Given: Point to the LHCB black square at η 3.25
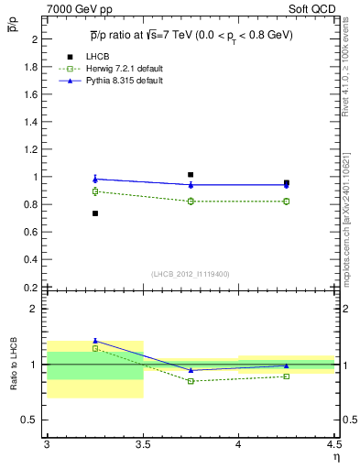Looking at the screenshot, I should [94, 213].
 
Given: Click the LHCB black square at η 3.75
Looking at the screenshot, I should [191, 174].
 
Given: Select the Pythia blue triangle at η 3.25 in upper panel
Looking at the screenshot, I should [94, 179].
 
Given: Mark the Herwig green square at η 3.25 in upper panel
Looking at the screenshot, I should [94, 191].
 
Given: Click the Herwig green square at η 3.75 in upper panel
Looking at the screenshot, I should [191, 201].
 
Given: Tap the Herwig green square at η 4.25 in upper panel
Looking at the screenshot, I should [287, 201].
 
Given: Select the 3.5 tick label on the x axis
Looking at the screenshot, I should [142, 444].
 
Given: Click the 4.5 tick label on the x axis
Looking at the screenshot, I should [333, 444].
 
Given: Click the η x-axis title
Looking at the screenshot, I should [335, 456].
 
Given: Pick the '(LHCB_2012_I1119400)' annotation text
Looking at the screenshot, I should [191, 274].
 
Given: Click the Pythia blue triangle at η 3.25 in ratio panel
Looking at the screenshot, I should [94, 340].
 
